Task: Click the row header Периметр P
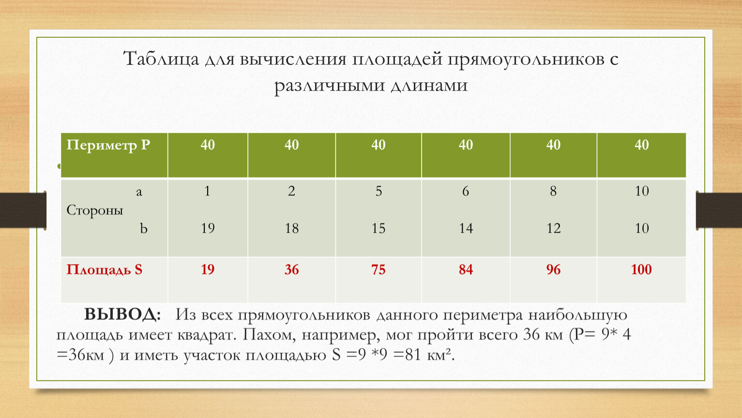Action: [108, 146]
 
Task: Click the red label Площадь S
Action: [105, 270]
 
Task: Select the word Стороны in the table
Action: [95, 210]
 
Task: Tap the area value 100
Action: [641, 269]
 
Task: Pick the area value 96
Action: [553, 269]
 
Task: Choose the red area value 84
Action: [466, 269]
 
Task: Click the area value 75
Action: [379, 269]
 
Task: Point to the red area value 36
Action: [291, 269]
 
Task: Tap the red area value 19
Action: [208, 269]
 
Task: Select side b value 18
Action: [291, 228]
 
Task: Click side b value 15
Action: [379, 228]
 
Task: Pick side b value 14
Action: [466, 228]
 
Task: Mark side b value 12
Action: [553, 228]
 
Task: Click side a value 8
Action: [553, 191]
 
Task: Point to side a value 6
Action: [466, 191]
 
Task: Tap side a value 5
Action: [379, 191]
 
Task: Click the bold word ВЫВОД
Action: [122, 314]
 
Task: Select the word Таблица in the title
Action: [161, 60]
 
